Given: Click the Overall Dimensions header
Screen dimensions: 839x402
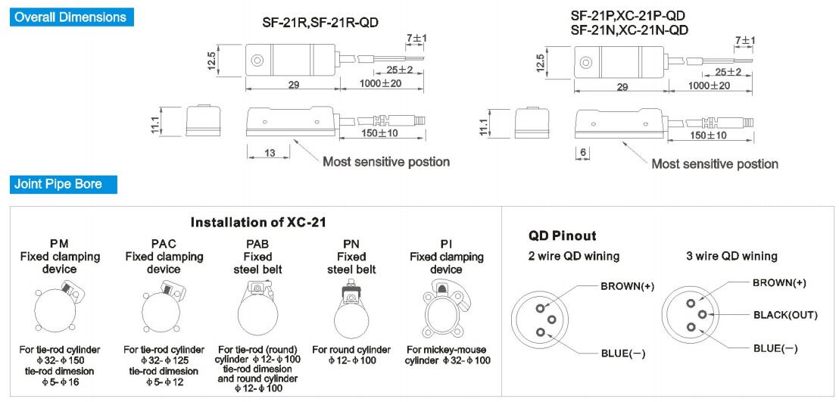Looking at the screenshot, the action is [x=70, y=17].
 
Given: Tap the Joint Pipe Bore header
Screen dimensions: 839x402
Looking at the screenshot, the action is [x=58, y=185].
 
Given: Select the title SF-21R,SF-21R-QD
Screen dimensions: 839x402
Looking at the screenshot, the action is [x=320, y=23].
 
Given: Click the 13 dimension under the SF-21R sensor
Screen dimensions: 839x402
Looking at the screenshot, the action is [x=270, y=153].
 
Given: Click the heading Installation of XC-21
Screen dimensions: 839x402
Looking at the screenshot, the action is [x=258, y=222].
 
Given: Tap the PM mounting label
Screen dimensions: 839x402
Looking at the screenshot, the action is [x=59, y=244].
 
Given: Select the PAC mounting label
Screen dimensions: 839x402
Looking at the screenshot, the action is [x=164, y=244].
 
